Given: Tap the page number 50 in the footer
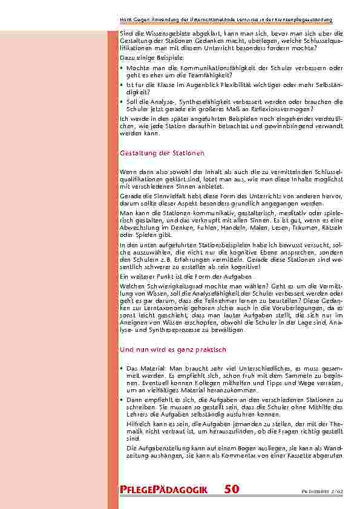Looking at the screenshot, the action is coord(232,490).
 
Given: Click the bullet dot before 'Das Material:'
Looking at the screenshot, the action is coord(122,368).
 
